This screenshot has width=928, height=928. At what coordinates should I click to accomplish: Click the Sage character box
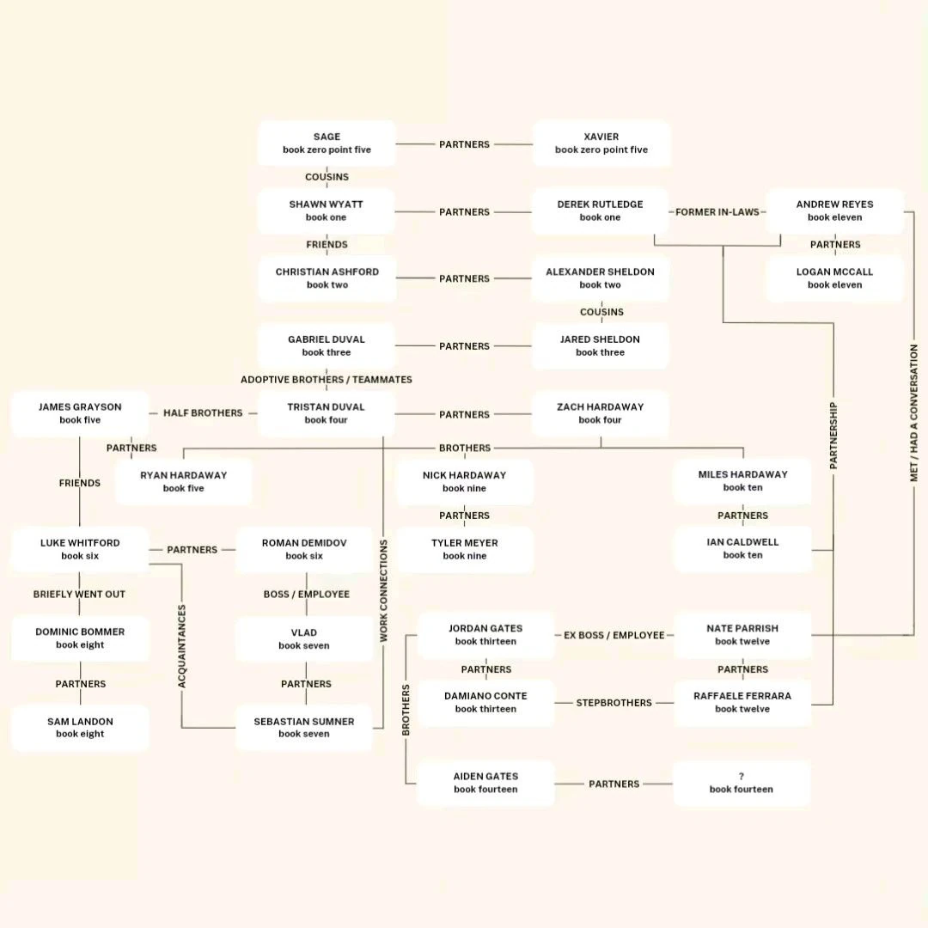click(x=327, y=143)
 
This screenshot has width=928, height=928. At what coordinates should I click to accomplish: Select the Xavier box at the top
click(x=601, y=143)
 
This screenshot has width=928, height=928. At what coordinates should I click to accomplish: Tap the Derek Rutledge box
click(x=600, y=211)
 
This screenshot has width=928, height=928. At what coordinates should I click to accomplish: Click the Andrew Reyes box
click(x=834, y=211)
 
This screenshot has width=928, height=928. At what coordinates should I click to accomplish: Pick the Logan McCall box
click(x=834, y=278)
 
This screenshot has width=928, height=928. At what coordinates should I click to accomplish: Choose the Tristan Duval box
click(x=327, y=413)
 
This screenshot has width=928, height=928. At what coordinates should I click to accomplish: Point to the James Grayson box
click(x=80, y=413)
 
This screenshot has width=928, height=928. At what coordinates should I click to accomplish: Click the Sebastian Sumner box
click(x=303, y=728)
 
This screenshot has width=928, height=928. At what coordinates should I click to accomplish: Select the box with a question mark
click(x=741, y=783)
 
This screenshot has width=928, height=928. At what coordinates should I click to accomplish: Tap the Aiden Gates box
click(x=485, y=783)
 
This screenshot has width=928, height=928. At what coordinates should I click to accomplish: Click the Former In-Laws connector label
click(x=717, y=212)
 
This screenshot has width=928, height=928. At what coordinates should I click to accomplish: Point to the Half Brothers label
click(x=203, y=413)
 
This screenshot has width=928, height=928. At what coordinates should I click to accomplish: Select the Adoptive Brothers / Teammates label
click(x=327, y=380)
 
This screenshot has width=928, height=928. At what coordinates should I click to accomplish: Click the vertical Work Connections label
click(x=383, y=591)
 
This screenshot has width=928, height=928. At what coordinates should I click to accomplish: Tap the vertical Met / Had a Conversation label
click(x=914, y=413)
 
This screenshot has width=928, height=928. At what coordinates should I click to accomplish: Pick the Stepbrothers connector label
click(x=614, y=703)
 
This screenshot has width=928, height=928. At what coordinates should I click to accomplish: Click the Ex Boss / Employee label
click(x=614, y=635)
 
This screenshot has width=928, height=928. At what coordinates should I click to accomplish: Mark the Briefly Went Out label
click(x=80, y=595)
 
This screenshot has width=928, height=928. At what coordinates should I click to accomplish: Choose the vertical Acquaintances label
click(x=182, y=646)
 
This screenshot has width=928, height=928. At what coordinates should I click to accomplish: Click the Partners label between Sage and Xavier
click(x=464, y=144)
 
